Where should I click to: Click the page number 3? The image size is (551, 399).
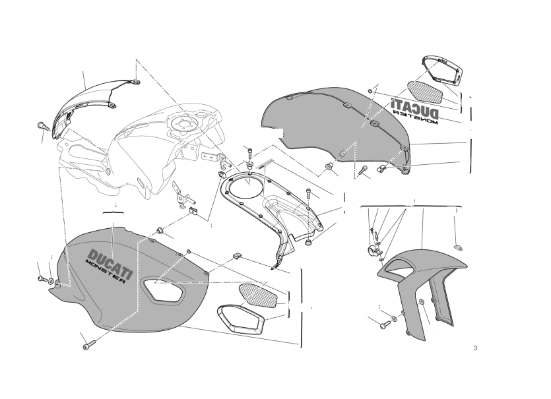pyautogui.click(x=475, y=348)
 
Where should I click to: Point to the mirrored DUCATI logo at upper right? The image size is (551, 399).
pyautogui.click(x=414, y=107)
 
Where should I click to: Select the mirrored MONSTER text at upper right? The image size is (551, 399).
pyautogui.click(x=415, y=117)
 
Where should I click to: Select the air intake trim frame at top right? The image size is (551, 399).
pyautogui.click(x=442, y=71)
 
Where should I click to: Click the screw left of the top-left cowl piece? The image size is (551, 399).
pyautogui.click(x=43, y=126)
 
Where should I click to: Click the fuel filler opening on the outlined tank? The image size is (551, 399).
pyautogui.click(x=181, y=125)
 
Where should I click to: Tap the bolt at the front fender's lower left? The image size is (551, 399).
pyautogui.click(x=385, y=324)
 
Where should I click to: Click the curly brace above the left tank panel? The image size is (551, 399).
pyautogui.click(x=113, y=212)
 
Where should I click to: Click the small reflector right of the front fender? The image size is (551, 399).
pyautogui.click(x=458, y=247)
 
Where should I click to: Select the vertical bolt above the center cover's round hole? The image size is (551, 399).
pyautogui.click(x=249, y=153)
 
